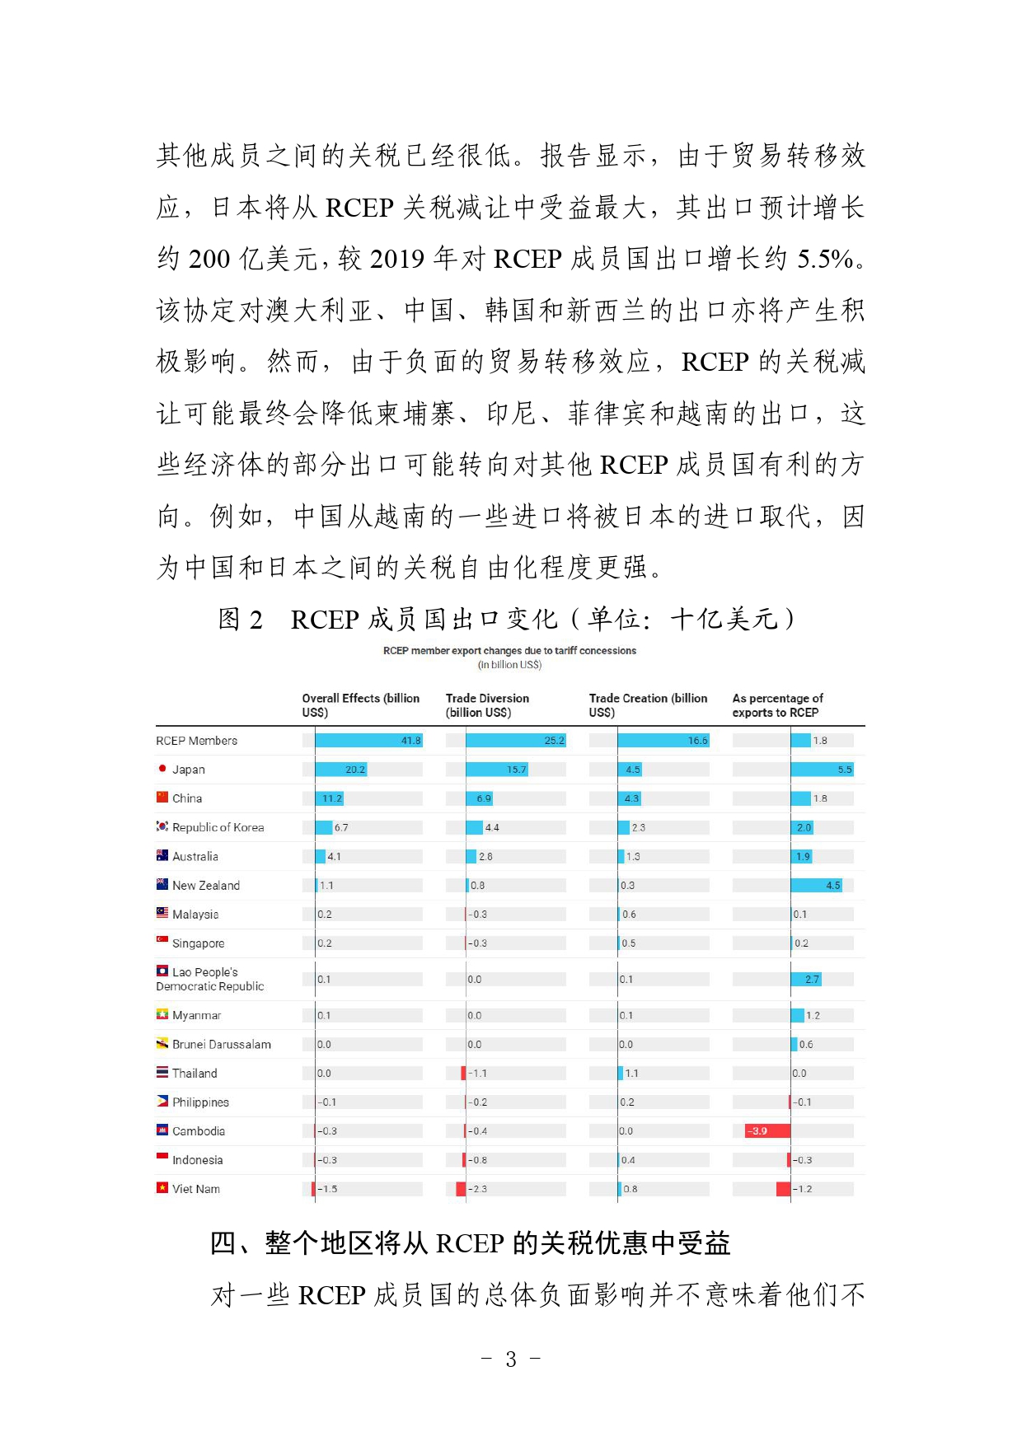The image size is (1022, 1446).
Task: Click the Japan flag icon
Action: (x=162, y=769)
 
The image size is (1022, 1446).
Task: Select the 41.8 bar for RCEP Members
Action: (x=368, y=741)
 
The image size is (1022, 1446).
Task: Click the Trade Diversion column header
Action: (x=487, y=705)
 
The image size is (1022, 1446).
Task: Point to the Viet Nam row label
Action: (x=196, y=1189)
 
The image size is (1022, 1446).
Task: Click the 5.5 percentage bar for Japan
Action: (x=822, y=770)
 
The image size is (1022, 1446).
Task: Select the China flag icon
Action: (x=162, y=798)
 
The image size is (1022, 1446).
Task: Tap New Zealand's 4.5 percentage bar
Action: (x=816, y=886)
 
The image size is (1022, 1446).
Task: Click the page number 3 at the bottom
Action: (x=511, y=1359)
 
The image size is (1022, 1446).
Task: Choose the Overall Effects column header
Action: (x=360, y=705)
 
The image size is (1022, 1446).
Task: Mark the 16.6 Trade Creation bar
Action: (x=663, y=741)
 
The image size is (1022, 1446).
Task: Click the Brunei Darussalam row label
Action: (x=221, y=1045)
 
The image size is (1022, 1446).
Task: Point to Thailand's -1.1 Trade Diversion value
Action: (x=479, y=1074)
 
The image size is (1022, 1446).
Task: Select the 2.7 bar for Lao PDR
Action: (x=806, y=980)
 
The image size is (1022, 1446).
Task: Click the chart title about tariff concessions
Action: (x=509, y=651)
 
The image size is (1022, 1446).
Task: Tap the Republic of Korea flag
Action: (x=162, y=826)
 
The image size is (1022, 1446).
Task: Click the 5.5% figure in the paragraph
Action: (x=825, y=259)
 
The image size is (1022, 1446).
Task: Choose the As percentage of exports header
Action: (x=777, y=705)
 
